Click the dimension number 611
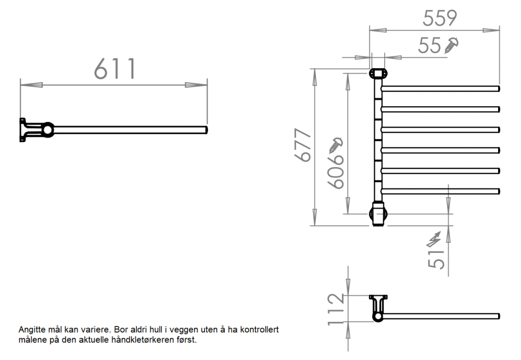click(115, 69)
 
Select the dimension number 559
click(440, 18)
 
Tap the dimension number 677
click(303, 145)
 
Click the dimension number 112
click(335, 309)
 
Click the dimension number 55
click(429, 46)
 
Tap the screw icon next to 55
click(452, 45)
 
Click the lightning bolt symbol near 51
click(436, 238)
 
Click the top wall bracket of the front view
click(378, 74)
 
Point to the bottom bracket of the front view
click(378, 214)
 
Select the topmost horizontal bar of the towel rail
click(441, 88)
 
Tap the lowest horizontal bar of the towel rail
click(441, 191)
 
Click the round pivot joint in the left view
click(47, 130)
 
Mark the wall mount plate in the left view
click(22, 130)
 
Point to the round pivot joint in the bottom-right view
click(378, 316)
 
